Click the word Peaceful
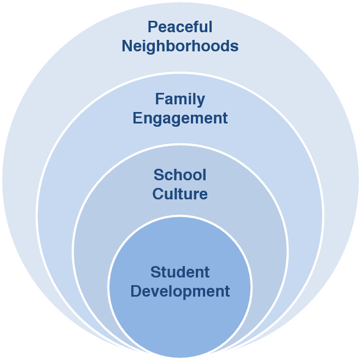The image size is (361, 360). tap(180, 27)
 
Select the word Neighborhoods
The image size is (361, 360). tap(180, 46)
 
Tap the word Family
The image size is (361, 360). tap(180, 99)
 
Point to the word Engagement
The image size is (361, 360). tap(180, 118)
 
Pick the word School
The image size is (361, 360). tap(180, 175)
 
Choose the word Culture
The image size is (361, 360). tap(180, 193)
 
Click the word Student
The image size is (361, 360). tap(180, 272)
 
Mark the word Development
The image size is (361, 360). tap(180, 291)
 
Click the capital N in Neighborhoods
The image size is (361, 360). tap(127, 46)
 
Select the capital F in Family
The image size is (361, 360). tap(159, 99)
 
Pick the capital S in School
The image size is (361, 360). tap(159, 175)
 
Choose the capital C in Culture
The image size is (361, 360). tap(158, 193)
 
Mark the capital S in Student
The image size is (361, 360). tap(155, 272)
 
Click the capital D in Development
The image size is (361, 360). tap(136, 291)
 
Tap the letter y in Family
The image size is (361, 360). tap(201, 102)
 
